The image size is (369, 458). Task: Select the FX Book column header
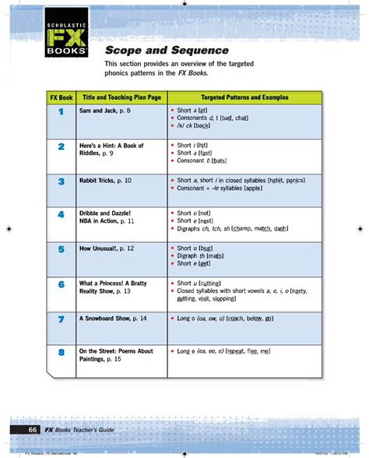pos(60,98)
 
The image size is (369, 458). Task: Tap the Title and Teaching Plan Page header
pos(120,98)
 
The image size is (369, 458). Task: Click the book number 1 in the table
pos(60,113)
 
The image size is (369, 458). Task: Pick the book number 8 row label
pos(60,354)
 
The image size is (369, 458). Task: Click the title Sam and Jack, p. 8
pos(105,111)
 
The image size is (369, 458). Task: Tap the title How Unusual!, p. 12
pos(107,248)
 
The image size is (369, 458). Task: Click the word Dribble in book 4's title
pos(93,213)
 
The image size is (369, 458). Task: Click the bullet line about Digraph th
pos(201,255)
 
